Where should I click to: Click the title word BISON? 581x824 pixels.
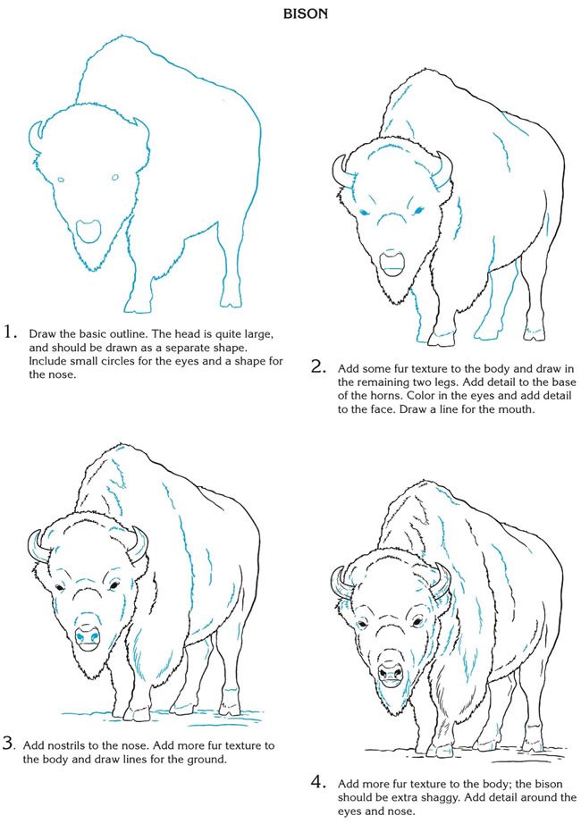(290, 15)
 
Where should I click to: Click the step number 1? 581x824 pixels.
(11, 332)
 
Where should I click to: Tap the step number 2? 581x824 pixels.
(317, 366)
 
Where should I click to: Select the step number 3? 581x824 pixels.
(8, 743)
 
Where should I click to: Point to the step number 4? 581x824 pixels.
(317, 782)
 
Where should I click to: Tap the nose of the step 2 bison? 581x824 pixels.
(392, 261)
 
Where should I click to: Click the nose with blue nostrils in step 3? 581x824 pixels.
(87, 635)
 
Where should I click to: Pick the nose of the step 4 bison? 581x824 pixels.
(391, 672)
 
